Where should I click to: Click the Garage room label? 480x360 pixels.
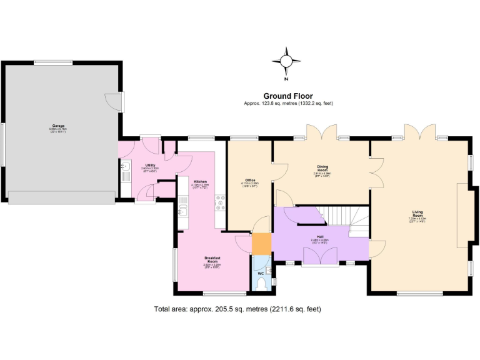pyautogui.click(x=58, y=126)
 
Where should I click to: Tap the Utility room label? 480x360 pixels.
pyautogui.click(x=151, y=165)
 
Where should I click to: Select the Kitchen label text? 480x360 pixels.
pyautogui.click(x=200, y=181)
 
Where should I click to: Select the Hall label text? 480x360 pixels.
pyautogui.click(x=320, y=236)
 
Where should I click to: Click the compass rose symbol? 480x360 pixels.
pyautogui.click(x=286, y=61)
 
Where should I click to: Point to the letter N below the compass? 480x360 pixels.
pyautogui.click(x=286, y=79)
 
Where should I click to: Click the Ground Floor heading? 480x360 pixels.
pyautogui.click(x=287, y=96)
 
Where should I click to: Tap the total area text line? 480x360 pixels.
pyautogui.click(x=237, y=309)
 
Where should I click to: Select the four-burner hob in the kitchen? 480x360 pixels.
pyautogui.click(x=220, y=201)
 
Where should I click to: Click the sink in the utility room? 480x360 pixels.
pyautogui.click(x=126, y=167)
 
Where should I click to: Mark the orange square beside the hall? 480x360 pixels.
pyautogui.click(x=261, y=243)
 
